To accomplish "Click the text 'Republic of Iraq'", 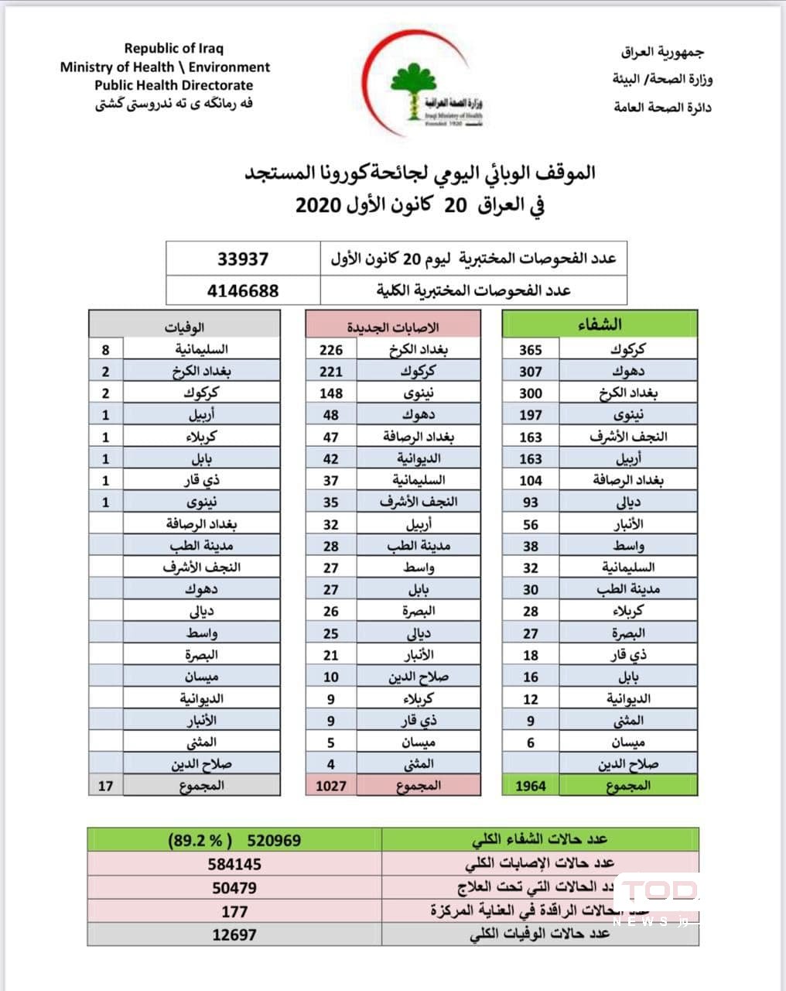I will point(173,49).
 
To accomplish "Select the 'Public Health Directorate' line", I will point(173,85).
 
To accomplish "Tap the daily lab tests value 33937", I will point(243,259).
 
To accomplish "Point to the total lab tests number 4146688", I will point(243,291).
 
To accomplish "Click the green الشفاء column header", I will point(600,324).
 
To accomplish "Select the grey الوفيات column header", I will point(184,327).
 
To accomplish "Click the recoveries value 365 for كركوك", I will point(531,350).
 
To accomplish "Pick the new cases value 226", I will point(331,350).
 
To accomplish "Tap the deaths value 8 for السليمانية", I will point(106,350).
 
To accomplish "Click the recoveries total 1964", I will point(531,786).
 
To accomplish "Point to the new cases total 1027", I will point(331,786).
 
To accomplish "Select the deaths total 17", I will point(106,786).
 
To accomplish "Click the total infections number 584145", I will point(234,864).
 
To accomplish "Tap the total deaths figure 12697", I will point(234,934).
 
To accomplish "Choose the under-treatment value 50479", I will point(234,888).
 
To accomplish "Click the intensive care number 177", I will point(234,911).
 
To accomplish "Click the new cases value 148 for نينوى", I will point(331,393).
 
